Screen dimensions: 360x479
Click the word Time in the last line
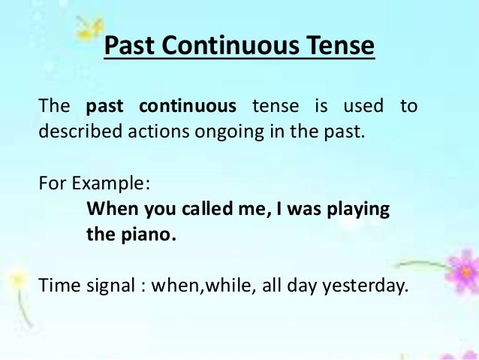coord(56,285)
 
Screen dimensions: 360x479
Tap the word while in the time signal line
coord(230,285)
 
